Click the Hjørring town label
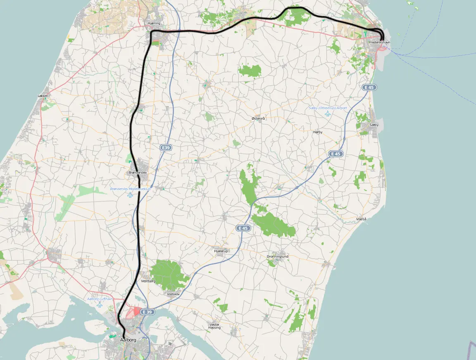point(154,24)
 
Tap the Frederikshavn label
point(380,43)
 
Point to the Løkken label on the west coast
point(43,96)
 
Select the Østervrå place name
point(258,118)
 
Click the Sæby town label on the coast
point(374,125)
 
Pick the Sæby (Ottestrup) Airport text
point(328,108)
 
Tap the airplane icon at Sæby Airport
point(328,114)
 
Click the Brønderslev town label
point(138,172)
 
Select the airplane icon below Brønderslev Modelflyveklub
point(131,194)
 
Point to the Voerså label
point(361,219)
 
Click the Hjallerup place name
point(221,251)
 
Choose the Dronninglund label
point(278,256)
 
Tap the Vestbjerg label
point(148,281)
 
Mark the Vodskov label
point(174,294)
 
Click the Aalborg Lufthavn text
point(100,299)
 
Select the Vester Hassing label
point(215,326)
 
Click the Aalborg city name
point(128,340)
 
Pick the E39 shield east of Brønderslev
point(166,147)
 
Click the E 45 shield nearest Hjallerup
point(243,228)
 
